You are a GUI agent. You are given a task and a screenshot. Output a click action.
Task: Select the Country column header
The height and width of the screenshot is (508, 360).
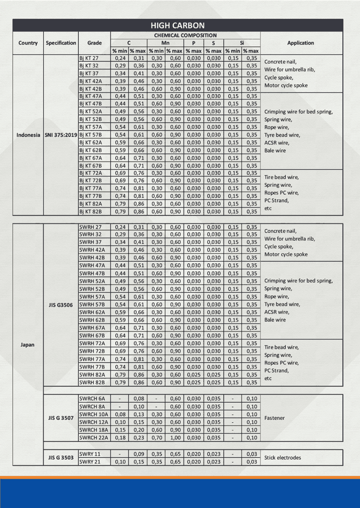tap(28, 43)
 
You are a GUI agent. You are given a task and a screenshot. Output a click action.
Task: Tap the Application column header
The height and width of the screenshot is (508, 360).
tap(300, 43)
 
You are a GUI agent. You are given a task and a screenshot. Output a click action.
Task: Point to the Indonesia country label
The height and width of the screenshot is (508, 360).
tap(28, 135)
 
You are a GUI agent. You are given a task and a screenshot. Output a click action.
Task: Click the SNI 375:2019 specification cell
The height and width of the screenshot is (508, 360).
tap(61, 135)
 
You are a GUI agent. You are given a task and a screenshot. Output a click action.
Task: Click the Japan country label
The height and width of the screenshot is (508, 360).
tap(28, 345)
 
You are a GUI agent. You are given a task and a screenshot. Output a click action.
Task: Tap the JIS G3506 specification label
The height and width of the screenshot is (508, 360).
tap(61, 305)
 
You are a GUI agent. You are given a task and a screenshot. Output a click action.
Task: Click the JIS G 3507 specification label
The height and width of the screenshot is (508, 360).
tap(61, 418)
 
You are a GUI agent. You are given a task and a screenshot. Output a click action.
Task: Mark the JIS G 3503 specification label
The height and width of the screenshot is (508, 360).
tap(61, 458)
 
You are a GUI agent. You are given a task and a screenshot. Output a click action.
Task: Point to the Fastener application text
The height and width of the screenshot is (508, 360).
tap(274, 418)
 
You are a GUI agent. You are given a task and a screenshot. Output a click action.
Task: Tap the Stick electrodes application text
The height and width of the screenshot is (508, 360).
tap(283, 458)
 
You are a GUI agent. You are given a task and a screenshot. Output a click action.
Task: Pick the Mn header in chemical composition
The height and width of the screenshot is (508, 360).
tap(166, 43)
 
